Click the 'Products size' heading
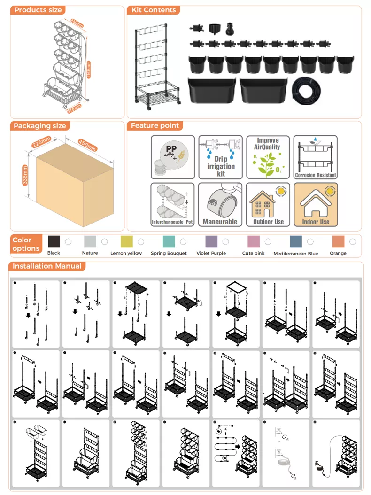38,10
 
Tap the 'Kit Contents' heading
154,10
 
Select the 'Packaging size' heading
40,126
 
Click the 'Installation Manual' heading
47,266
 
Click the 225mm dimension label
41,141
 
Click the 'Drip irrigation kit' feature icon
220,157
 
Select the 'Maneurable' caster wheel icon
220,204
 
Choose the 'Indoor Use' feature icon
316,204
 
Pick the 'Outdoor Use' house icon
268,204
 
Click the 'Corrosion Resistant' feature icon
316,157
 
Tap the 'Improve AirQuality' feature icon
268,157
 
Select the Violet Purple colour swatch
211,241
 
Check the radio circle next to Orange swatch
353,241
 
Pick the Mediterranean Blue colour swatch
296,241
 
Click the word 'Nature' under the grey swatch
90,253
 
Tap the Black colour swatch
54,241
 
